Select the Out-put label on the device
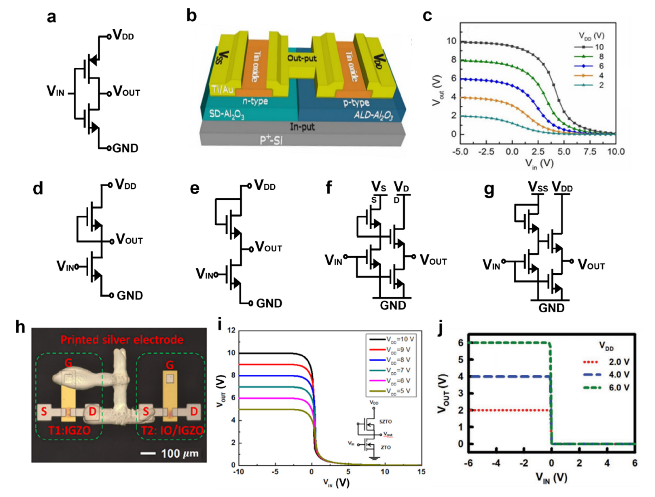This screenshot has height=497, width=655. point(302,58)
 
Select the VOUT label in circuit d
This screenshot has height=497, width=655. point(129,239)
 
